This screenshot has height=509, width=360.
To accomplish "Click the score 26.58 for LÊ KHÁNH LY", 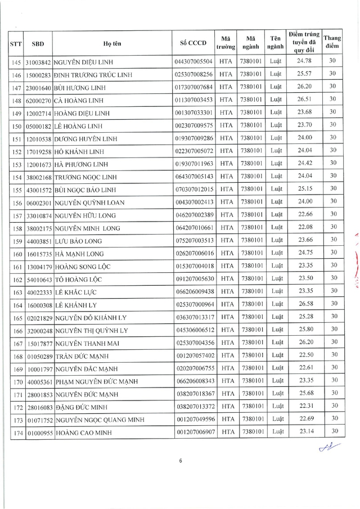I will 304,305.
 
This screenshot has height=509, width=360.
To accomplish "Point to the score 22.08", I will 304,227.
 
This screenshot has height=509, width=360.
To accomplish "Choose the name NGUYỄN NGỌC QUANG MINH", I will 100,420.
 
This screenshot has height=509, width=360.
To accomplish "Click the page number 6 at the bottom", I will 181,461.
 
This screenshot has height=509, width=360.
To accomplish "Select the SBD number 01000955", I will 39,433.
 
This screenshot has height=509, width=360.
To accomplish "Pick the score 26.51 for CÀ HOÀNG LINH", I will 304,100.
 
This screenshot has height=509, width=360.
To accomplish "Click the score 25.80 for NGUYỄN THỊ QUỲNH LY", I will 304,330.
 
